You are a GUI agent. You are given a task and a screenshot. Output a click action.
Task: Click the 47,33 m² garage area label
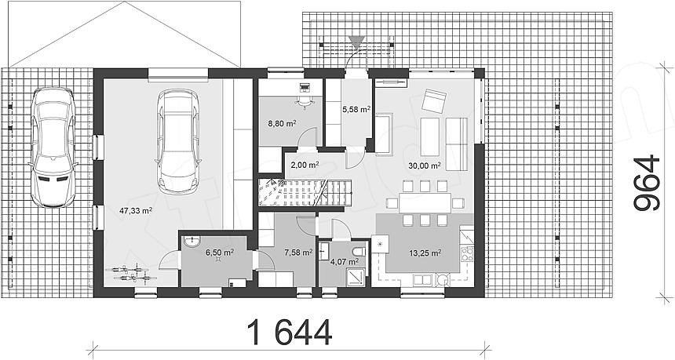(x=137, y=210)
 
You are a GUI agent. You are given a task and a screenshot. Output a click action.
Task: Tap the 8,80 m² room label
(x=282, y=123)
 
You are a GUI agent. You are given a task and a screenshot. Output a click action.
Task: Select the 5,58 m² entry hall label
(x=356, y=109)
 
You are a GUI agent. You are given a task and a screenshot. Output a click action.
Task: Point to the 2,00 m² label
(x=305, y=164)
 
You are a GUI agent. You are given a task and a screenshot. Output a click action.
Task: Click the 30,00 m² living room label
(x=425, y=165)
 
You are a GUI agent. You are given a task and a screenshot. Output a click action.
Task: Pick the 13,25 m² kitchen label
(x=425, y=253)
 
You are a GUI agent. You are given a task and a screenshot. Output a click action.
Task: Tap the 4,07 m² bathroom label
(x=345, y=261)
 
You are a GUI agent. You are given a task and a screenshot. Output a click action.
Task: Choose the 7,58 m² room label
(x=298, y=252)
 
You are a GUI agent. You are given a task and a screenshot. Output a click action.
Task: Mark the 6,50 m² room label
(x=220, y=252)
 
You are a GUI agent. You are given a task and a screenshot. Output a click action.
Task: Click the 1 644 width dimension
(x=290, y=332)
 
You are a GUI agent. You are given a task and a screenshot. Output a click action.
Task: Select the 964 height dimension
(x=647, y=183)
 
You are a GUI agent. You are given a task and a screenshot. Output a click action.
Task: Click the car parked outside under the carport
(x=53, y=147)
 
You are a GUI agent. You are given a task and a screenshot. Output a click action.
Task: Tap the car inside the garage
(x=178, y=141)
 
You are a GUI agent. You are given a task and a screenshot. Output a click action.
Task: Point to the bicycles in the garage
(x=130, y=274)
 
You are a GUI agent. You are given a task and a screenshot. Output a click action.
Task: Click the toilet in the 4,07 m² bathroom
(x=358, y=252)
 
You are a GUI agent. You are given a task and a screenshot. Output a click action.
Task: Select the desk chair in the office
(x=305, y=101)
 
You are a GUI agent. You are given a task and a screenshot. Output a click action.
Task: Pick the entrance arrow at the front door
(x=356, y=42)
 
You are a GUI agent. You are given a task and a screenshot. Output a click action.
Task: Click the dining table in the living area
(x=425, y=203)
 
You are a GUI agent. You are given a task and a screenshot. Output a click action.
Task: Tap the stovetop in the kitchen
(x=467, y=253)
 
